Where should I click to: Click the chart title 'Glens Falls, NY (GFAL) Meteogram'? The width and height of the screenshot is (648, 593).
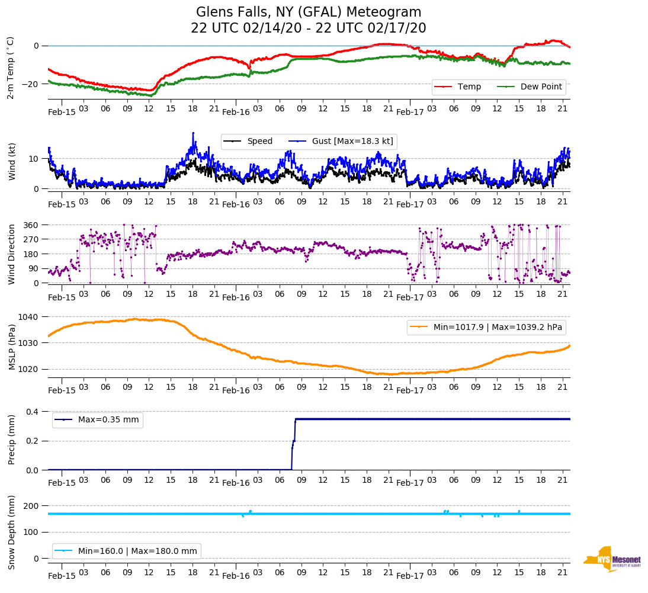point(309,12)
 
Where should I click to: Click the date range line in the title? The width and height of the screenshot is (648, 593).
point(309,28)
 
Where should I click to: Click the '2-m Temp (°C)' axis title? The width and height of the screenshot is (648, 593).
point(10,68)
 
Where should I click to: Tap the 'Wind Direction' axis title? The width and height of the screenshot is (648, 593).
point(11,254)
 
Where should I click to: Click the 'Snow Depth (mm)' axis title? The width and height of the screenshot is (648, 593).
point(11,531)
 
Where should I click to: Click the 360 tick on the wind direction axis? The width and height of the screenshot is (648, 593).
point(31,225)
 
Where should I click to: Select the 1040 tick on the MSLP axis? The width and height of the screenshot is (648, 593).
point(29,317)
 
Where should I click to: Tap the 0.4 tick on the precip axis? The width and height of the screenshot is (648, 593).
point(31,412)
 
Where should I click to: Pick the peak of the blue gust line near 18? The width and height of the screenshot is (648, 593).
point(193,133)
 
